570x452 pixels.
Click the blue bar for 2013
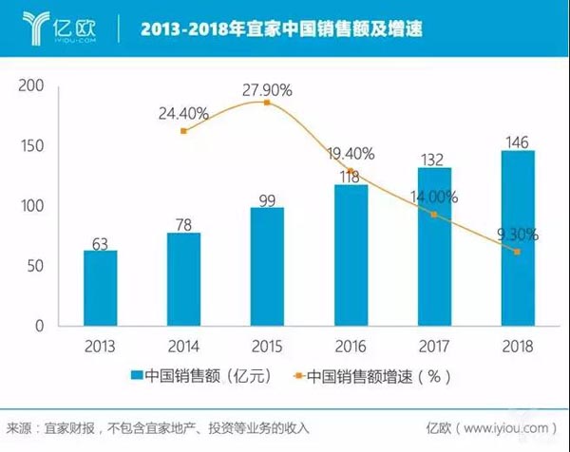coord(100,288)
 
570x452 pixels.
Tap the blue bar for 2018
coord(518,237)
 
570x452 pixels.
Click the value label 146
coord(518,141)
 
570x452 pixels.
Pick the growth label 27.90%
coord(268,89)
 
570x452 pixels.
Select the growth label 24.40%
coord(184,114)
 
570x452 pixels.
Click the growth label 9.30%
coord(518,233)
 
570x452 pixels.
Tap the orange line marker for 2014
coord(183,130)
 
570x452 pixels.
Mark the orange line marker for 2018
coord(518,252)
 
